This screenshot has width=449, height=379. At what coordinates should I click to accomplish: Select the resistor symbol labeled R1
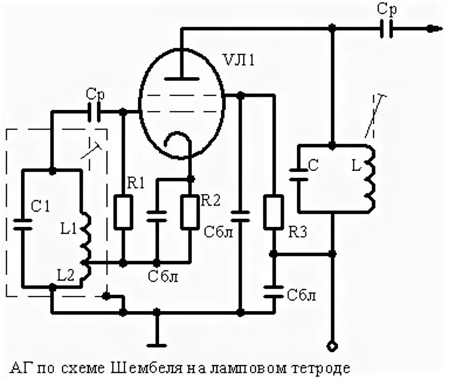coord(123,212)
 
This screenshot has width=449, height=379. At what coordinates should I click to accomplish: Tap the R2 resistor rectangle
coord(190,212)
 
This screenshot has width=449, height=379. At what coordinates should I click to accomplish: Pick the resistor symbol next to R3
coord(273,212)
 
